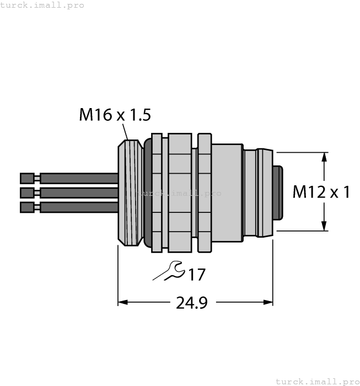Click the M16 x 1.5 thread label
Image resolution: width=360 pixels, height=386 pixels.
(115, 115)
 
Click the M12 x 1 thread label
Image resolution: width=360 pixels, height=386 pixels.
(321, 192)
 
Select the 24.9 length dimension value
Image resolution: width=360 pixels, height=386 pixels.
(191, 303)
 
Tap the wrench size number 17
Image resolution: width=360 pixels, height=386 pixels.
(197, 274)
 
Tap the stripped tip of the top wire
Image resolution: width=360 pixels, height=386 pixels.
(26, 178)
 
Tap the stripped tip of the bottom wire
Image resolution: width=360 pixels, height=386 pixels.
(26, 207)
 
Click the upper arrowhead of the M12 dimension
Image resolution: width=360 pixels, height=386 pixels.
(324, 157)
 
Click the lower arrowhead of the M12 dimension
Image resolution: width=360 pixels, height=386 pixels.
(324, 226)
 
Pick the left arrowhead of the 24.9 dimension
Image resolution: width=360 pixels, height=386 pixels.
(123, 302)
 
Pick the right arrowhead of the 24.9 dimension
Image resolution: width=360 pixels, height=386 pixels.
(268, 302)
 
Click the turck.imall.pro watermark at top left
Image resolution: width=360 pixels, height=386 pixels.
(42, 5)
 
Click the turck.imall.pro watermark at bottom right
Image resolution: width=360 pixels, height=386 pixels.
(316, 381)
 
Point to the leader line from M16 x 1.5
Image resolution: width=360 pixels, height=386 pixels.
(125, 132)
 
